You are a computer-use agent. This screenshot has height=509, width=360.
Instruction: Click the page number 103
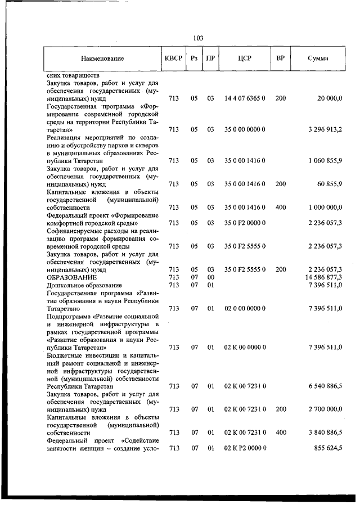[197, 38]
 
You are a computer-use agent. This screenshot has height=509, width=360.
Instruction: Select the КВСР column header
[174, 58]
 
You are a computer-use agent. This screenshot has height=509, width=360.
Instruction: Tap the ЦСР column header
[245, 58]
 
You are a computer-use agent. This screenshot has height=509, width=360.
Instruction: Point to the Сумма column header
[318, 58]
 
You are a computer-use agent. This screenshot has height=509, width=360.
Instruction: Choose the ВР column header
[280, 58]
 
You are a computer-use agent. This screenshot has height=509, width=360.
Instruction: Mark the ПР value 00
[210, 277]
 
